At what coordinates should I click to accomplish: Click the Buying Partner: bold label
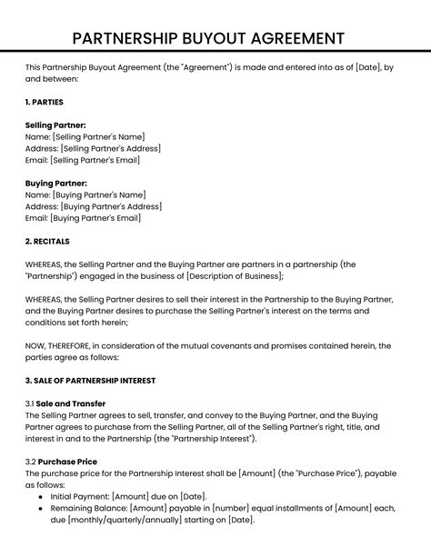(x=56, y=183)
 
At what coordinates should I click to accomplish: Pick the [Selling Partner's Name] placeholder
(x=98, y=135)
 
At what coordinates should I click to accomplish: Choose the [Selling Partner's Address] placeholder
(x=109, y=147)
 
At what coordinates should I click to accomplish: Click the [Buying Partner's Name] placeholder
(x=98, y=194)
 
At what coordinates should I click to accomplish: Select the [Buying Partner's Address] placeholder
(x=109, y=206)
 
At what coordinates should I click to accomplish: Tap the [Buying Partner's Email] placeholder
(x=95, y=218)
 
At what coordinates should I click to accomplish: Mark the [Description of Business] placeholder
(x=234, y=276)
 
